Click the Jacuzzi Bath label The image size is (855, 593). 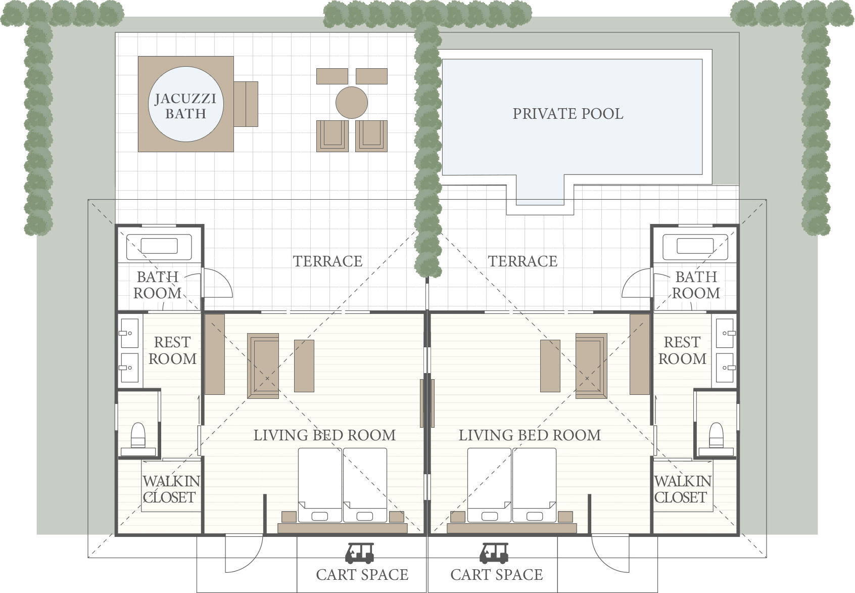coord(185,106)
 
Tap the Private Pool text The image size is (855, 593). coord(568,114)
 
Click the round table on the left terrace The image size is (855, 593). coord(352,102)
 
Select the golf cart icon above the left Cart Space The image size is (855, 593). coord(360,553)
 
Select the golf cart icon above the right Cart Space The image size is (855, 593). coord(494,553)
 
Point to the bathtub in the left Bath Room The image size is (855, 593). coord(159,247)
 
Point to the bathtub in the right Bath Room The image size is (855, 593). coord(695,247)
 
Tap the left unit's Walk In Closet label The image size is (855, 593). coord(171,489)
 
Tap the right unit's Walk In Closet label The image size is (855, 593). coord(683,489)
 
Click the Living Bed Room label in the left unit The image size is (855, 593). coord(324,435)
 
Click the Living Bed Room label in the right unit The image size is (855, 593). coord(530,435)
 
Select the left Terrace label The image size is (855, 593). coord(327,261)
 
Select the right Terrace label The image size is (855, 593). coord(522,261)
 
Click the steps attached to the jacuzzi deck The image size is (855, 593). coord(246,104)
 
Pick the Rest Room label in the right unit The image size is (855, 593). coord(682,350)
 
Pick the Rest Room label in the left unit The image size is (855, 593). coord(172,350)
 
